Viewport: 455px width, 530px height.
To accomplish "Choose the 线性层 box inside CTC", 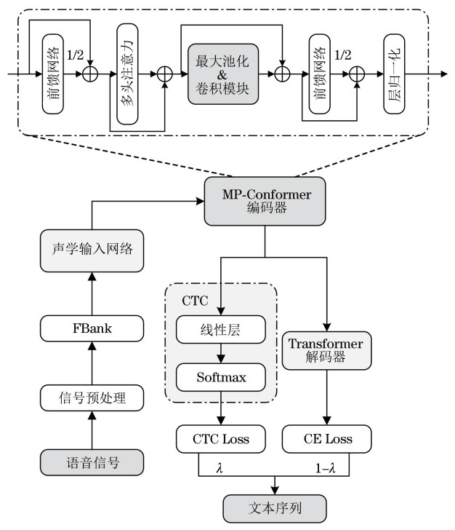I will tap(221, 330).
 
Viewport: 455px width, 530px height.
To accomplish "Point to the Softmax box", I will tap(221, 378).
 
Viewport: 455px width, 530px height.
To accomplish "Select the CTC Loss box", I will tap(221, 438).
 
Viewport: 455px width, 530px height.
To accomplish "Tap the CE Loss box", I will tap(327, 438).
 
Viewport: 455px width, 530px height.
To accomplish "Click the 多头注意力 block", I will tap(127, 75).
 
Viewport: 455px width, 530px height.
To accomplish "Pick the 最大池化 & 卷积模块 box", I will tap(223, 75).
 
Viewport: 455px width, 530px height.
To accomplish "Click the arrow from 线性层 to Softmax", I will tap(221, 353).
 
